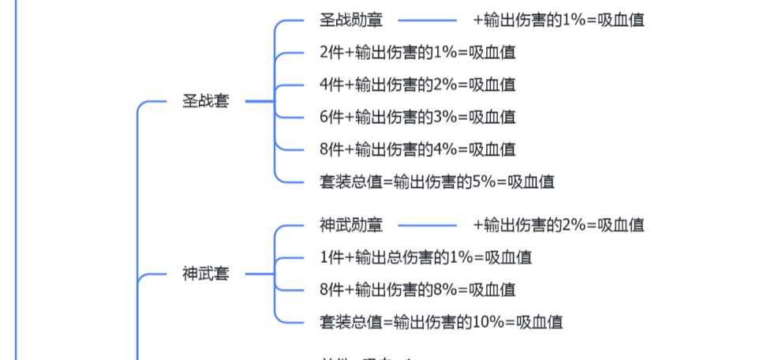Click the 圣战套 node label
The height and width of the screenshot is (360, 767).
click(205, 101)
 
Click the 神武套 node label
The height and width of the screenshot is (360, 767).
click(205, 274)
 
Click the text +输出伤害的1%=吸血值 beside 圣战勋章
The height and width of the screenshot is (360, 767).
click(559, 20)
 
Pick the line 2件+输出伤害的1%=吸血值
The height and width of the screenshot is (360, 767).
click(417, 52)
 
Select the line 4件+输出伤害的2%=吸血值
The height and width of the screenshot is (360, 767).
click(417, 84)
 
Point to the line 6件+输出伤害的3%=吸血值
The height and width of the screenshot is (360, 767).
click(417, 117)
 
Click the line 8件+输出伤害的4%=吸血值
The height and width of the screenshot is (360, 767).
click(417, 149)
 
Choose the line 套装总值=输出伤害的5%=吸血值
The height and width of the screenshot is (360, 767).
click(436, 182)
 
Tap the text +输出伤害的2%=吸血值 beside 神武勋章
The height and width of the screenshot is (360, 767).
click(559, 225)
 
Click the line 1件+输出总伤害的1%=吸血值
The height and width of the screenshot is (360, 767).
click(425, 257)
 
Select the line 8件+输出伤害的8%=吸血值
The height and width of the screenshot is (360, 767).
click(417, 290)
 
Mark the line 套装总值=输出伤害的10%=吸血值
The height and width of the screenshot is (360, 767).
click(440, 322)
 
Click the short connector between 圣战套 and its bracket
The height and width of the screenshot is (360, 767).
click(258, 101)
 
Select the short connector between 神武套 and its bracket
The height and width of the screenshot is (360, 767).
click(258, 274)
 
